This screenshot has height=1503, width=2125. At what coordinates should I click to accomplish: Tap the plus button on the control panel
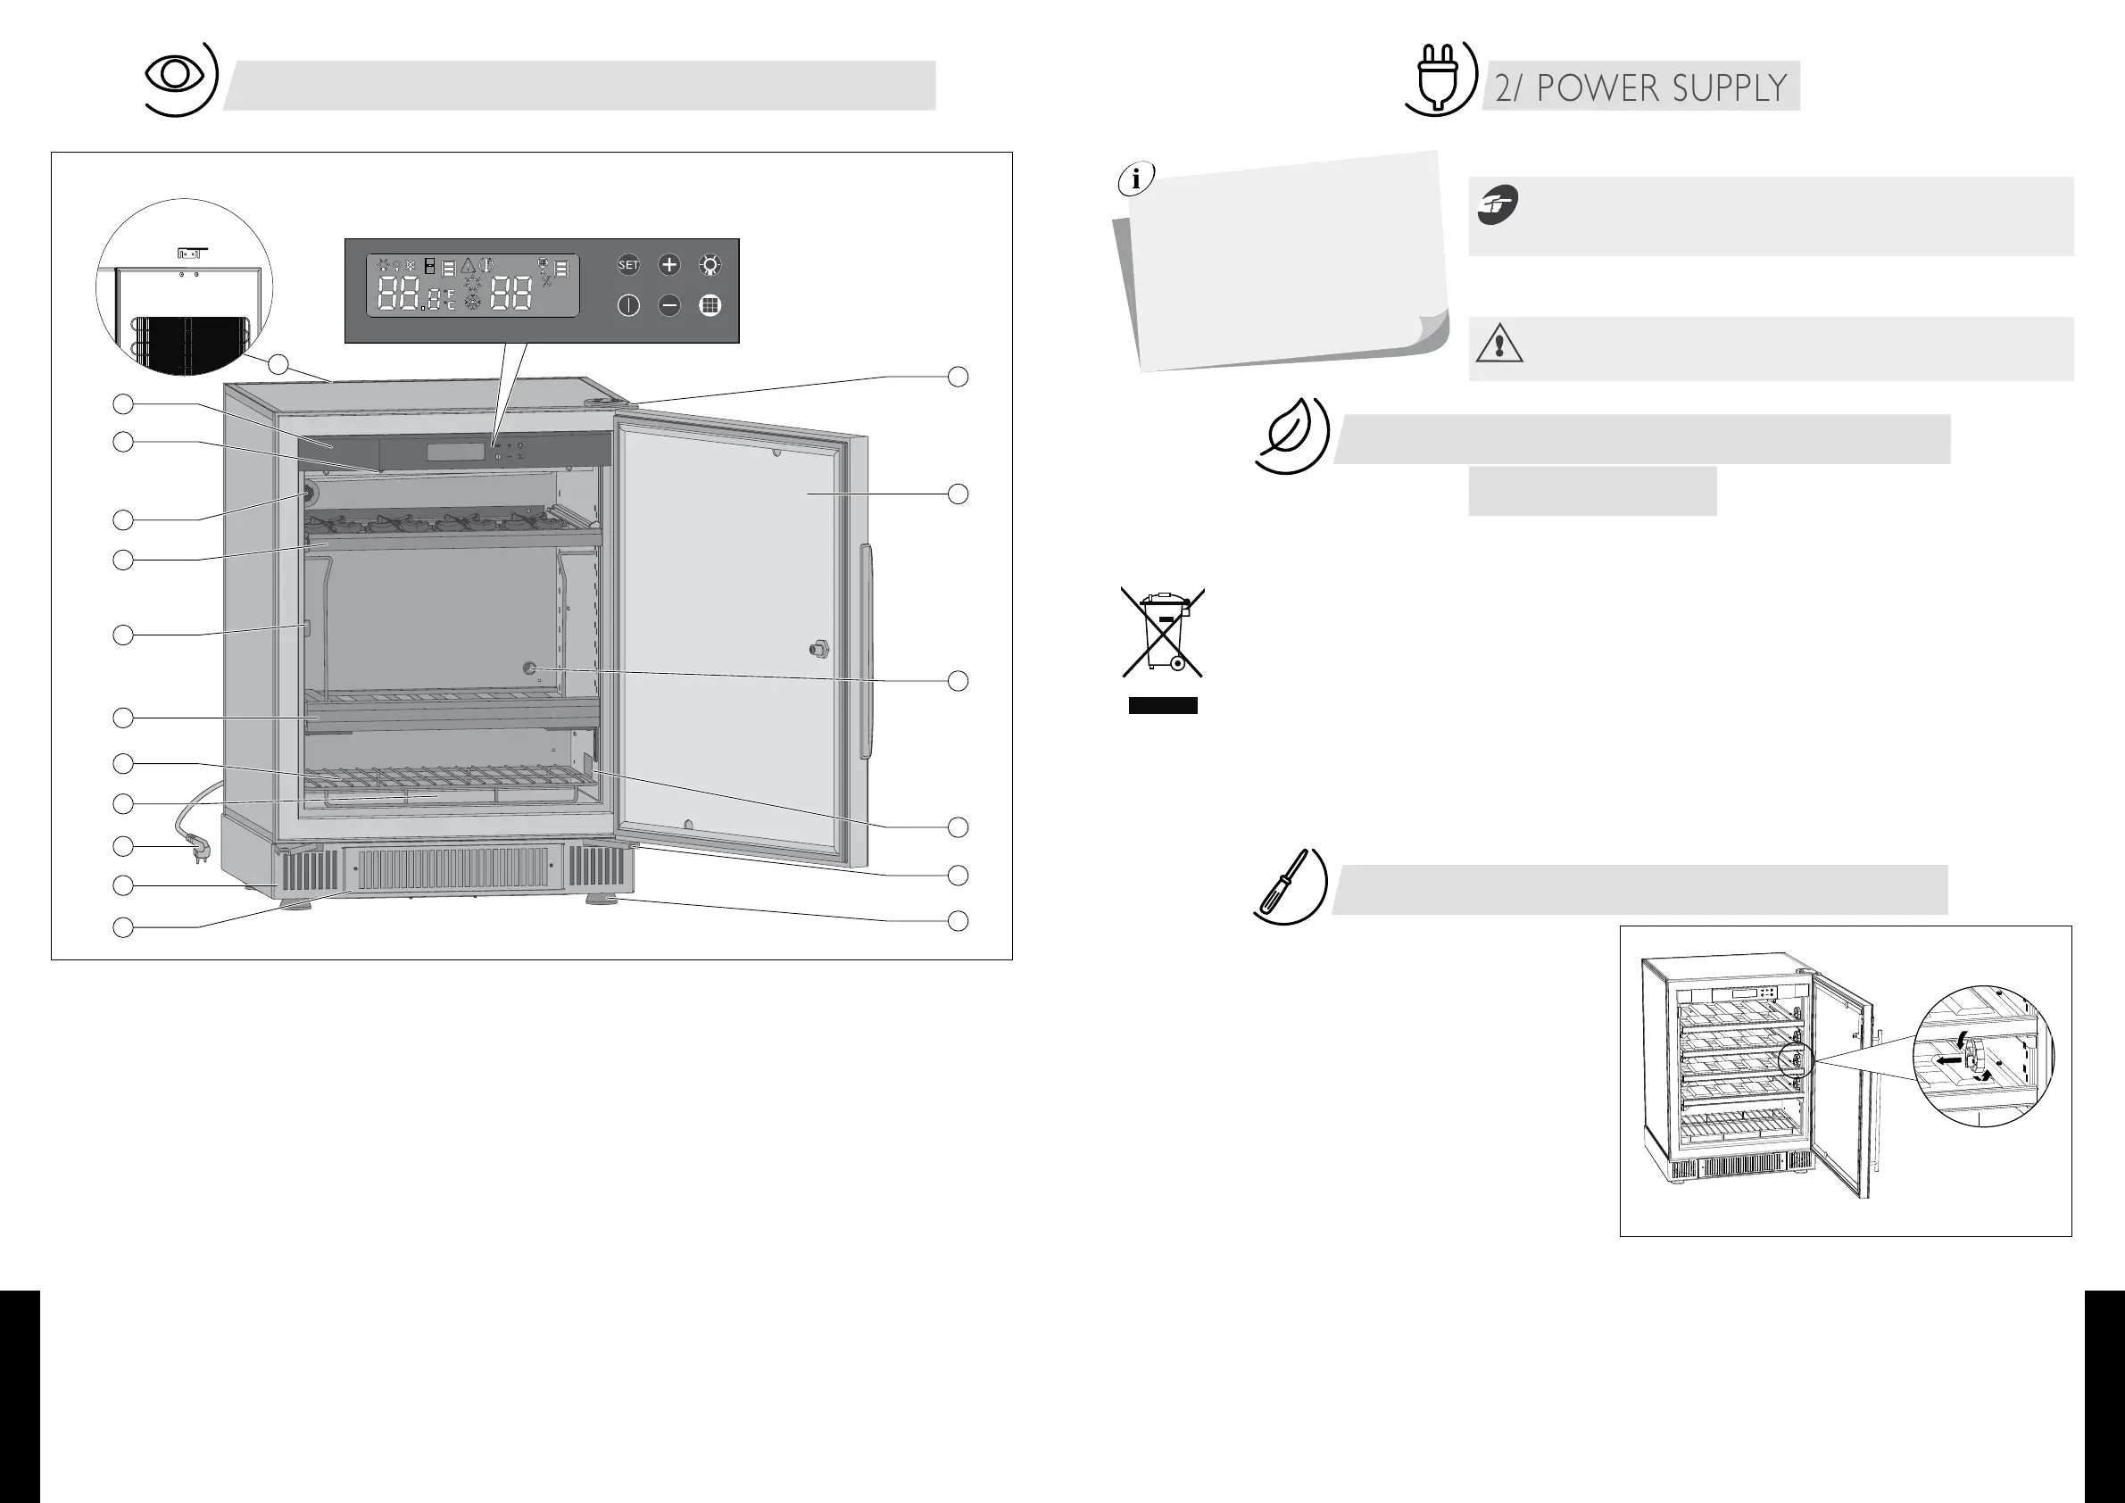(x=668, y=266)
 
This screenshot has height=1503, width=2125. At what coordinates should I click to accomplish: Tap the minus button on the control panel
(x=668, y=305)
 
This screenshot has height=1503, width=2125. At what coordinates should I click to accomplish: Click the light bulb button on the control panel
(x=710, y=266)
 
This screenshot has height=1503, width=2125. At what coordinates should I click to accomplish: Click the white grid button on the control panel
(x=710, y=305)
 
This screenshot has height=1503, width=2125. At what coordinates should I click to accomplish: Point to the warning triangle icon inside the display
(x=469, y=266)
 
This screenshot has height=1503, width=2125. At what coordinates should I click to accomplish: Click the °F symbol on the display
(x=450, y=295)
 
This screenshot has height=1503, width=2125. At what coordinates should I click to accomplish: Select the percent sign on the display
(x=547, y=280)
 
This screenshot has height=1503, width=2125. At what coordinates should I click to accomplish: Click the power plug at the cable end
(x=197, y=847)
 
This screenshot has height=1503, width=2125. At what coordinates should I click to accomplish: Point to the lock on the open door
(x=818, y=649)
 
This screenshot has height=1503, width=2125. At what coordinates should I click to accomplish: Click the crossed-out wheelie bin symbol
(x=1162, y=631)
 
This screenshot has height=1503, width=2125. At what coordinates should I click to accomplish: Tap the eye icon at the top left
(x=174, y=76)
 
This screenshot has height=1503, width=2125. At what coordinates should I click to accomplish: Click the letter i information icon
(x=1135, y=179)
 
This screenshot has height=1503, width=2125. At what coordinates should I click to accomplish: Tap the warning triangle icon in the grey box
(x=1498, y=345)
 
